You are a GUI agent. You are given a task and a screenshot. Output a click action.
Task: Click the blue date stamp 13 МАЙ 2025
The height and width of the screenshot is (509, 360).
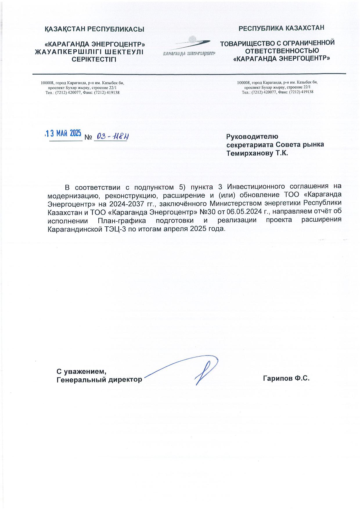(x=64, y=133)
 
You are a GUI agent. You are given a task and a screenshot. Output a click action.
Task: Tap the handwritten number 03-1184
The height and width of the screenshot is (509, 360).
(x=111, y=137)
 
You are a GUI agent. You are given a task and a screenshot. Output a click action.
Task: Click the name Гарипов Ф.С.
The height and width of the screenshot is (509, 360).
(x=286, y=378)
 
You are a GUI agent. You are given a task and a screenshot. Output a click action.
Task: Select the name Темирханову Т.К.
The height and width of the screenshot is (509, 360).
(x=257, y=154)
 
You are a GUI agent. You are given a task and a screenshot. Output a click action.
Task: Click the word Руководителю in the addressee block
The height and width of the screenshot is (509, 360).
(x=252, y=136)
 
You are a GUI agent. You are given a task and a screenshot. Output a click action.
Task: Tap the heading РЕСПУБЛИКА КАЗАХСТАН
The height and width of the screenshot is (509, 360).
(x=281, y=28)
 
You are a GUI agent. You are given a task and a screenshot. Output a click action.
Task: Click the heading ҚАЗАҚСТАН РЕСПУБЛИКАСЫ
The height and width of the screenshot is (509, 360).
(x=95, y=29)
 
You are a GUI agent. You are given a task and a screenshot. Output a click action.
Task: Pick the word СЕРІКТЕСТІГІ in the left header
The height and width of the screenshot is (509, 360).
(x=94, y=60)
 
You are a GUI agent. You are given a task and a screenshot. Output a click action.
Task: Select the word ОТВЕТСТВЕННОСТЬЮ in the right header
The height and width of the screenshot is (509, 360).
(x=278, y=51)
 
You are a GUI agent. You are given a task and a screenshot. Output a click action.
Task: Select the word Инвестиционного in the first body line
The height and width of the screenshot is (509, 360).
(x=251, y=186)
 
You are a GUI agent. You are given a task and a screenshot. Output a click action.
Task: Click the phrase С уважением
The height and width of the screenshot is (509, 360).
(x=80, y=371)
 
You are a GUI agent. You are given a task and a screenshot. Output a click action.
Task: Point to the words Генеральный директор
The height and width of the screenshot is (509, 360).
(x=99, y=380)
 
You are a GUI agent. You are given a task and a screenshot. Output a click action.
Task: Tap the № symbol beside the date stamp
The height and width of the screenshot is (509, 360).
(x=88, y=137)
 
